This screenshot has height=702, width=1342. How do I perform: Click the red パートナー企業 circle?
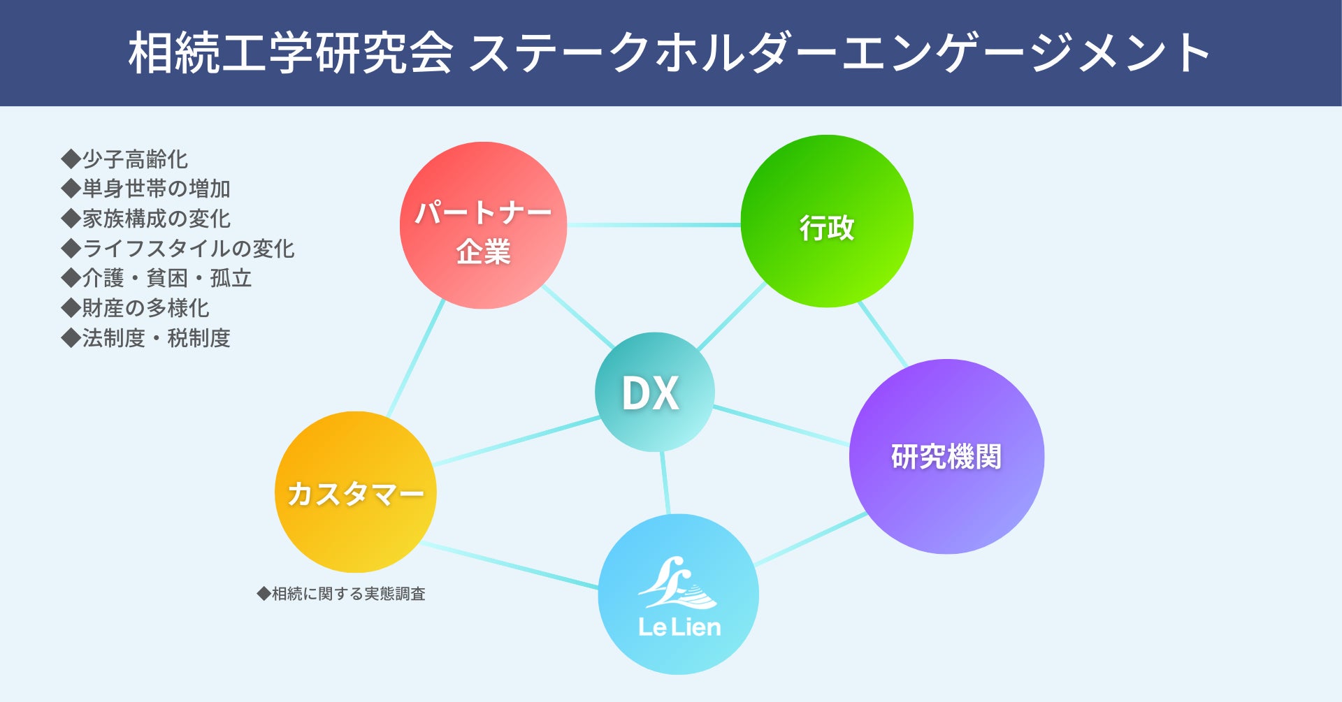(483, 225)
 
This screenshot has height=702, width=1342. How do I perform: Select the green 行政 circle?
(827, 221)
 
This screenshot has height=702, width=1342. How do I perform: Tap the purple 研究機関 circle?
(946, 456)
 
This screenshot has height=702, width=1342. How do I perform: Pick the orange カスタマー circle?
(356, 492)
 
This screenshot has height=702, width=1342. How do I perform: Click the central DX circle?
(654, 392)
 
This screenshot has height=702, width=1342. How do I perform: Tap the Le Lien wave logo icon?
(677, 584)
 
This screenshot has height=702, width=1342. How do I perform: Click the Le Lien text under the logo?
(679, 627)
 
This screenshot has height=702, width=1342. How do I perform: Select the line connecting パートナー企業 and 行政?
(654, 225)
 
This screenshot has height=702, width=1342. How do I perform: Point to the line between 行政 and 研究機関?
(882, 334)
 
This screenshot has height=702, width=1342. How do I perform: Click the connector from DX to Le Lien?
(665, 483)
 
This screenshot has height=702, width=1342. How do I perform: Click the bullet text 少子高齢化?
(134, 159)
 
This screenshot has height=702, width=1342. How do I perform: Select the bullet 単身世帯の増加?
(155, 189)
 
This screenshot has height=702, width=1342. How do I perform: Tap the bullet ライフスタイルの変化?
(187, 249)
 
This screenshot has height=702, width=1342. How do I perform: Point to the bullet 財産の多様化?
(145, 308)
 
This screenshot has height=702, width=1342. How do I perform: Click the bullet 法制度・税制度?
(155, 338)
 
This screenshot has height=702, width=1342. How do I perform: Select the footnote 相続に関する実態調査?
(347, 594)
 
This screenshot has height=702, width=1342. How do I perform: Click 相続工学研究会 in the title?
(290, 53)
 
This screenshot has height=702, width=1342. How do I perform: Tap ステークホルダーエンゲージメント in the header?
(839, 53)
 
